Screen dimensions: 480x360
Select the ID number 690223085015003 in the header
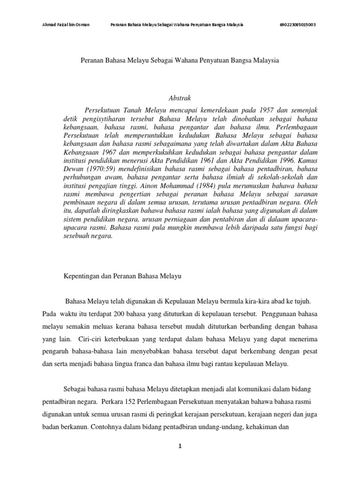point(298,25)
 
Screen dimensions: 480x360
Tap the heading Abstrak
point(180,98)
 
